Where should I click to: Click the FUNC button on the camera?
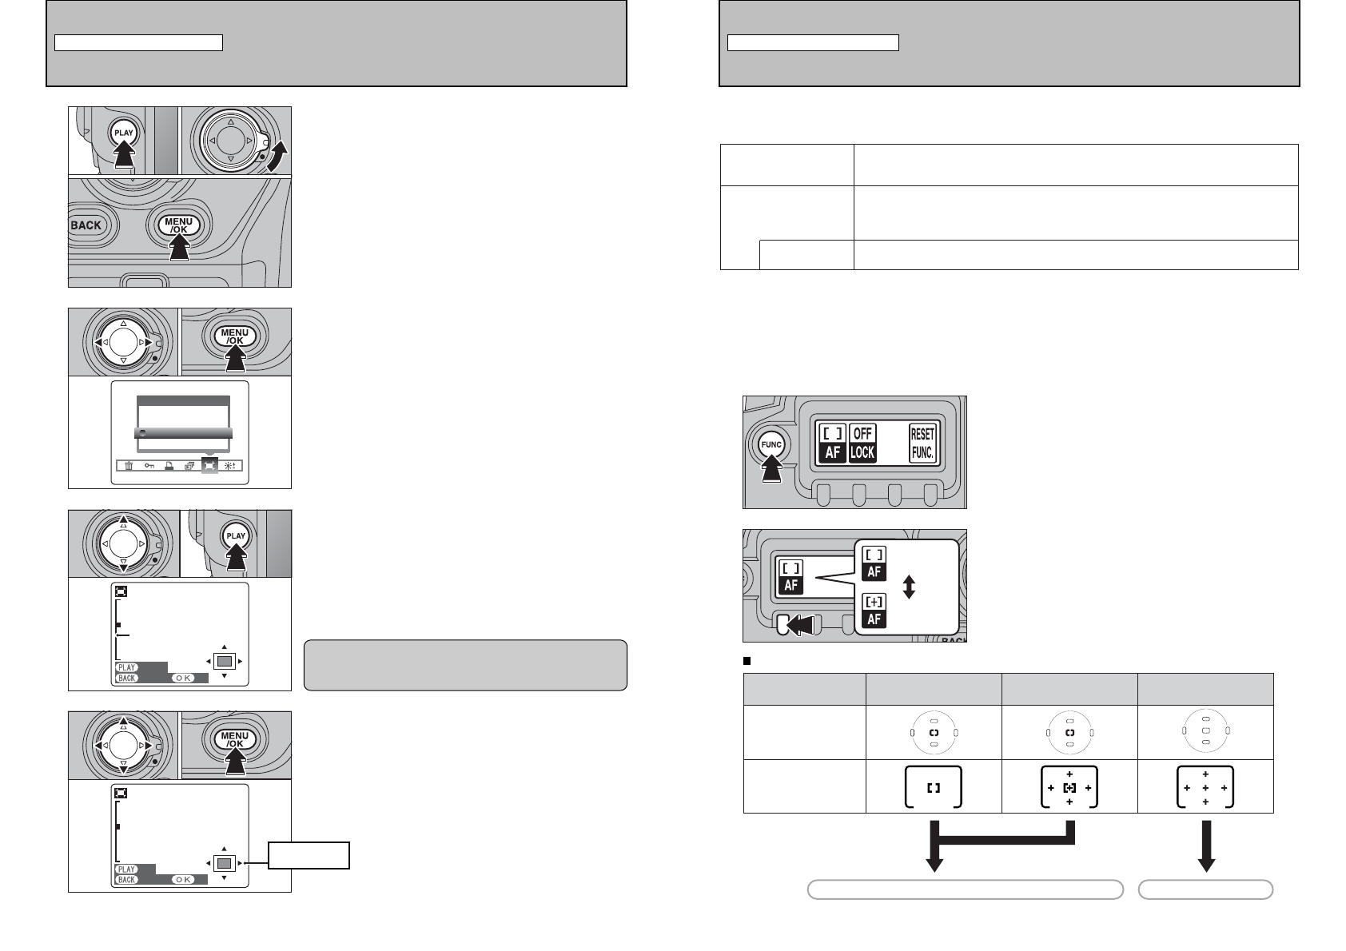771,444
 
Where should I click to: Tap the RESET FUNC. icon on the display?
922,444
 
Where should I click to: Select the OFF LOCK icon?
862,444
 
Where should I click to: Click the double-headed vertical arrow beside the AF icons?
909,587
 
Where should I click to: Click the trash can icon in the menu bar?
129,466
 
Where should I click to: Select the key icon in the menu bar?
149,466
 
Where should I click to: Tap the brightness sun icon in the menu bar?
230,466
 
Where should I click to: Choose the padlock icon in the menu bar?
169,466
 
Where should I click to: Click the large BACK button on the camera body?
86,225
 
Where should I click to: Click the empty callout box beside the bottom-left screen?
309,855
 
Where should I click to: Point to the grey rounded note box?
465,665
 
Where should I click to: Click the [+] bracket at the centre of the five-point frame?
1069,788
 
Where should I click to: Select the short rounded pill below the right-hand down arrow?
1205,889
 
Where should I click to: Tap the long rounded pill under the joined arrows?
965,889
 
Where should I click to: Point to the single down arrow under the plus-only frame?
1206,846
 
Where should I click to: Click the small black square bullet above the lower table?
747,661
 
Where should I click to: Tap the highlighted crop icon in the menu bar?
209,465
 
